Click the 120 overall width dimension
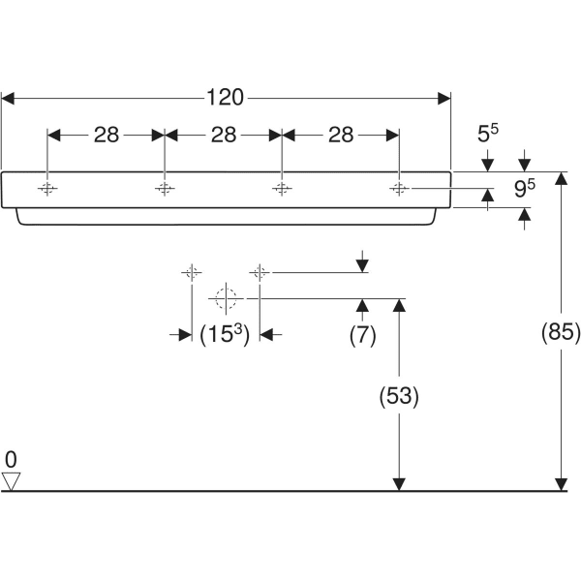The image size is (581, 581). (225, 97)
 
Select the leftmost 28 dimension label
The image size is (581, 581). (107, 136)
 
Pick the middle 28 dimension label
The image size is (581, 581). (224, 136)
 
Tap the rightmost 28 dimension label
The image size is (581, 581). (341, 136)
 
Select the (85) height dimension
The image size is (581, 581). (560, 333)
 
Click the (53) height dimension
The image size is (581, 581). (398, 395)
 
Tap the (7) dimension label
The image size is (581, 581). (362, 334)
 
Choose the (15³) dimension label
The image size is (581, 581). (225, 334)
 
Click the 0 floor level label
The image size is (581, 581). (11, 458)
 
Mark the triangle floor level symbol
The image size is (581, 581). (11, 481)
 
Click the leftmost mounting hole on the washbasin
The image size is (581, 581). (47, 188)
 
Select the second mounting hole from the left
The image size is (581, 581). (165, 188)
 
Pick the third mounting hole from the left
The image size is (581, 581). (281, 188)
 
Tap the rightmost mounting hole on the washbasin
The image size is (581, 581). (399, 188)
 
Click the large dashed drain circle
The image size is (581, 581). (225, 298)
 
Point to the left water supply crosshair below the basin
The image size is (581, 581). (191, 272)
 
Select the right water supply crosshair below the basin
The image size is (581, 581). (259, 272)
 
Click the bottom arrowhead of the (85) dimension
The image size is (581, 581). (560, 484)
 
